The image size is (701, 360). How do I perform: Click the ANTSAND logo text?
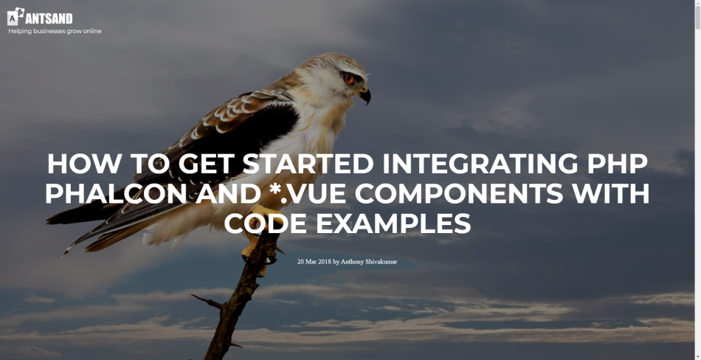click(x=49, y=18)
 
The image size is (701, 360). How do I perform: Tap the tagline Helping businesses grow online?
click(x=55, y=31)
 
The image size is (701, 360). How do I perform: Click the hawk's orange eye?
click(x=349, y=78)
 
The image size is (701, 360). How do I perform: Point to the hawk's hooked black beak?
click(x=365, y=95)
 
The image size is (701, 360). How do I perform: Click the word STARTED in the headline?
click(x=308, y=164)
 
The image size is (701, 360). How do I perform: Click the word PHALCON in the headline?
click(x=116, y=193)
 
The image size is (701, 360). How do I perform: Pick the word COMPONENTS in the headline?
click(x=459, y=193)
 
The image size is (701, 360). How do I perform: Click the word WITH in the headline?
click(x=611, y=193)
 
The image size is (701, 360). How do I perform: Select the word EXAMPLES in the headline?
click(x=393, y=224)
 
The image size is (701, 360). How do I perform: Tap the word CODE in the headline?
click(x=266, y=224)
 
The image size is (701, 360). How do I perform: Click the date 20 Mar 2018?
click(x=314, y=262)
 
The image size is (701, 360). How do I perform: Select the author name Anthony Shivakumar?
click(x=369, y=262)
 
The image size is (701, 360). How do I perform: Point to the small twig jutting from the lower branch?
click(x=207, y=301)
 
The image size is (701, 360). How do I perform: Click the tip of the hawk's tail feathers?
click(x=63, y=254)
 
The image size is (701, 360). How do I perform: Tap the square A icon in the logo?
click(x=13, y=18)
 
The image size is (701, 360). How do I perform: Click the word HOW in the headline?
click(x=84, y=164)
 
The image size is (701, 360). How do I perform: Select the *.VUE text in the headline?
click(x=307, y=193)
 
